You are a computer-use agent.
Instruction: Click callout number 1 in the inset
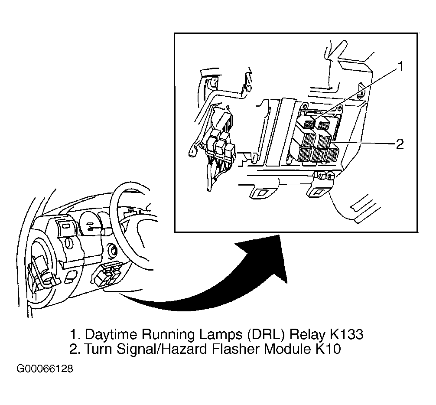click(x=400, y=67)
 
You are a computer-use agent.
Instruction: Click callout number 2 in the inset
click(x=400, y=144)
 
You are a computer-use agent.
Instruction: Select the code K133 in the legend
click(x=346, y=334)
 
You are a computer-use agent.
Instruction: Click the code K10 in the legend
click(x=328, y=349)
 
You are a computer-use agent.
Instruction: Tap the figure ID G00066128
click(x=45, y=369)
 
